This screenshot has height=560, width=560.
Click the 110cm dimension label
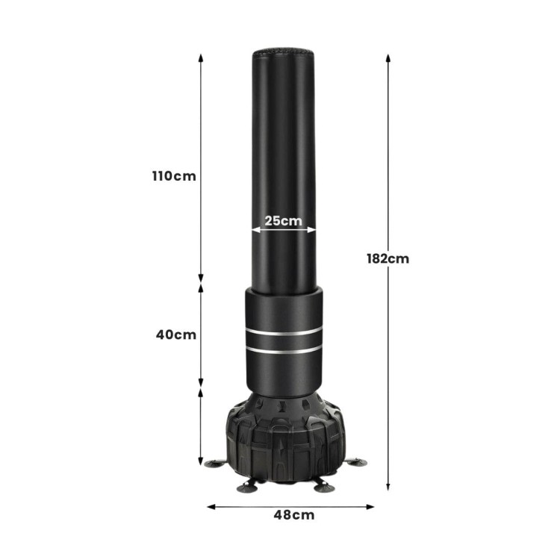pyautogui.click(x=174, y=176)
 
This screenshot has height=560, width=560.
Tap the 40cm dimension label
pyautogui.click(x=176, y=335)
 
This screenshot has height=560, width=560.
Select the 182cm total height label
pyautogui.click(x=388, y=258)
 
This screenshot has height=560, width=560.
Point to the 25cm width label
pyautogui.click(x=284, y=221)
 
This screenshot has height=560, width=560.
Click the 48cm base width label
pyautogui.click(x=294, y=515)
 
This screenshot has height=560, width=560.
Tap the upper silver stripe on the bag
pyautogui.click(x=284, y=332)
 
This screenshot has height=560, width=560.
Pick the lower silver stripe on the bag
pyautogui.click(x=284, y=350)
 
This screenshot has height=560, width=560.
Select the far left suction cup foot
pyautogui.click(x=215, y=463)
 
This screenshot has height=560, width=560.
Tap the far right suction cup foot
pyautogui.click(x=356, y=462)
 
